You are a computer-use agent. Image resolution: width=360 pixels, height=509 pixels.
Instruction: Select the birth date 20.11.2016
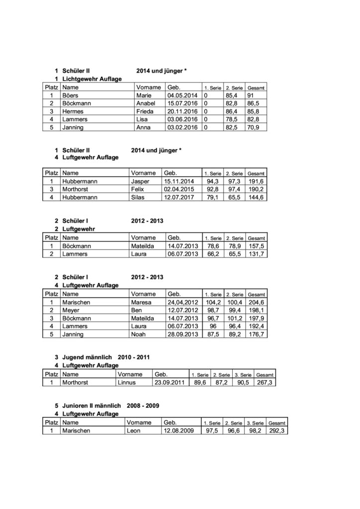pyautogui.click(x=182, y=111)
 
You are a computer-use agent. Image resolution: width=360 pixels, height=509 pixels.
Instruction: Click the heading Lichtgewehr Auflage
pyautogui.click(x=89, y=79)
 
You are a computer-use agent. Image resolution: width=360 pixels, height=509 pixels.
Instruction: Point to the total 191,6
pyautogui.click(x=257, y=181)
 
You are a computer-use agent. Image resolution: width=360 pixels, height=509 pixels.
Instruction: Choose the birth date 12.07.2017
pyautogui.click(x=182, y=197)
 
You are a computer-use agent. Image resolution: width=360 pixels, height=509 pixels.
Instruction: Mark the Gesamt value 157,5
pyautogui.click(x=256, y=246)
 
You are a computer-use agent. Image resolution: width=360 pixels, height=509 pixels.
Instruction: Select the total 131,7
pyautogui.click(x=256, y=254)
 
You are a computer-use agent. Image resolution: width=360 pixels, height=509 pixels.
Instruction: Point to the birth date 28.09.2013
pyautogui.click(x=182, y=334)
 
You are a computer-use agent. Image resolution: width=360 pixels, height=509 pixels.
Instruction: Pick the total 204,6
pyautogui.click(x=257, y=302)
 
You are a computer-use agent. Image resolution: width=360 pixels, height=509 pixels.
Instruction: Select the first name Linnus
pyautogui.click(x=127, y=382)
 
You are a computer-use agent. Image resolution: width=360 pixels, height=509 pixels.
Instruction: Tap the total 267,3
pyautogui.click(x=266, y=382)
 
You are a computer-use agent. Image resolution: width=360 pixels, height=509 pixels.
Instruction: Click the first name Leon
pyautogui.click(x=134, y=430)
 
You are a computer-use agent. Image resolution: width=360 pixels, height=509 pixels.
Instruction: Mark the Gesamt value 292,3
pyautogui.click(x=277, y=430)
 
